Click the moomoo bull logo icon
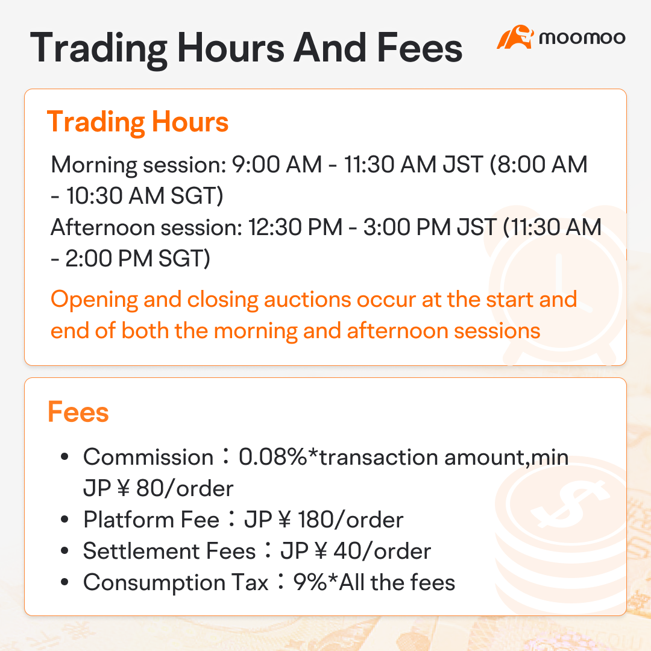(x=515, y=37)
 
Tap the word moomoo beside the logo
(x=582, y=37)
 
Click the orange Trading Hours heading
(x=137, y=122)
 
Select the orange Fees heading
(x=78, y=412)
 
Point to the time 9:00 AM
(x=281, y=165)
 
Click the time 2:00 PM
(x=110, y=259)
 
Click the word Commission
(x=148, y=457)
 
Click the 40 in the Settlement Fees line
(x=331, y=551)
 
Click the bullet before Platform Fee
(x=64, y=520)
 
